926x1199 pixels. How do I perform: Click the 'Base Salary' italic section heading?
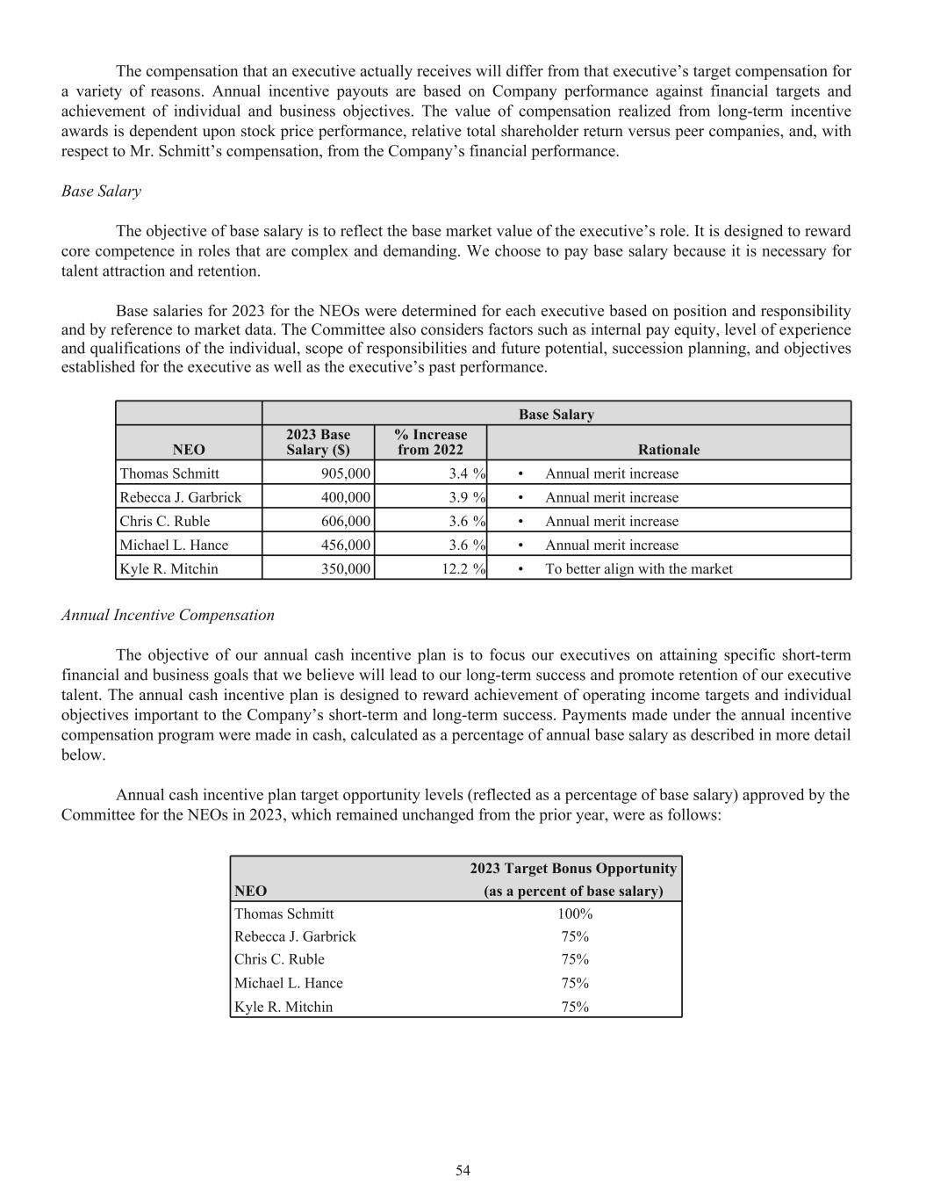(101, 191)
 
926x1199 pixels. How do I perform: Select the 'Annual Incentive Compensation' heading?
(168, 615)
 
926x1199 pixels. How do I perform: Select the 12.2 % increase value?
(463, 568)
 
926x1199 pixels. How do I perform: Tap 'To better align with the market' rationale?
(638, 568)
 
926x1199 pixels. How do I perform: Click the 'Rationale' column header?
(668, 450)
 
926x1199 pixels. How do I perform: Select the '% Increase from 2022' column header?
(430, 442)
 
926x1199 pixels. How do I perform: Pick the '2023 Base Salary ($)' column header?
(318, 442)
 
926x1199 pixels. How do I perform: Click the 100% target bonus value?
(575, 914)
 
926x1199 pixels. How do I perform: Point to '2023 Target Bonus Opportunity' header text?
(573, 869)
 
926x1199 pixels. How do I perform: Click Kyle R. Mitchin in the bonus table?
(284, 1007)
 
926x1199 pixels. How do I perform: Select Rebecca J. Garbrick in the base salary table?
(180, 497)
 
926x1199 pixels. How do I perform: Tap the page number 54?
(463, 1170)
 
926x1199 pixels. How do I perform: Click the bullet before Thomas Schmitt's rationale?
(521, 474)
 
